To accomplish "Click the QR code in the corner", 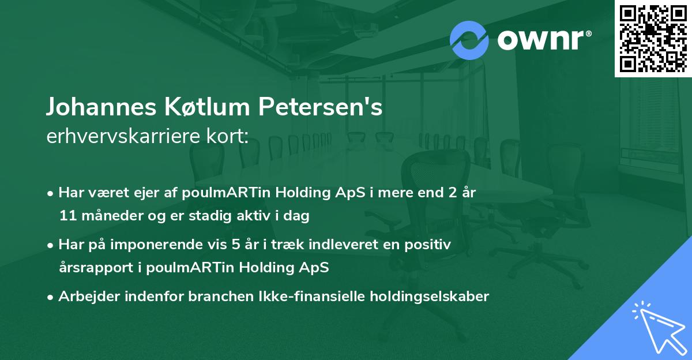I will tap(653, 38).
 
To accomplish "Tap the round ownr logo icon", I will tap(469, 40).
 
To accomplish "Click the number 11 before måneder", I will tap(67, 216).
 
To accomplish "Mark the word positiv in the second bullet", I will tap(430, 245).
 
